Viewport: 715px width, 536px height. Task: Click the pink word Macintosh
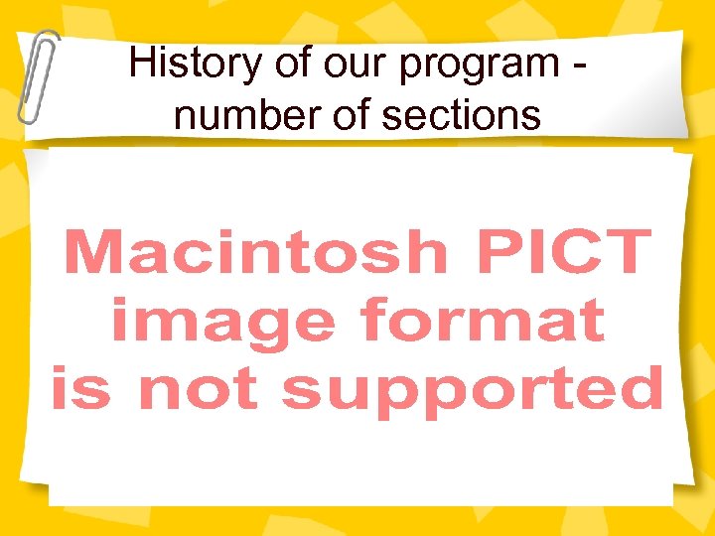tap(255, 252)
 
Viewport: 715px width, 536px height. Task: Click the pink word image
tap(222, 322)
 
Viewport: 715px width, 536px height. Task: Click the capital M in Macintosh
tap(90, 252)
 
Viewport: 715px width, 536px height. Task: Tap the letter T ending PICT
tap(628, 252)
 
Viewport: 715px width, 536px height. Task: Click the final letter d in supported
tap(641, 387)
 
